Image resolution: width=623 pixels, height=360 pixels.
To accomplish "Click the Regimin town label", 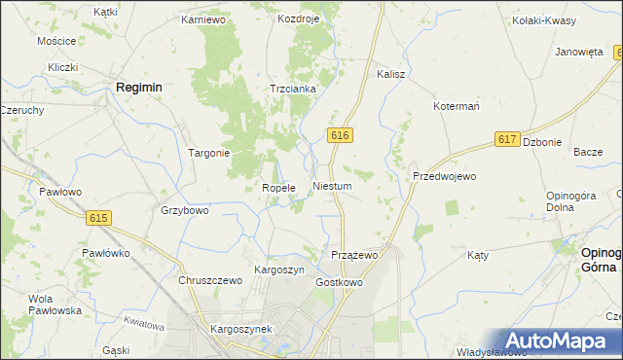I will pos(138,87).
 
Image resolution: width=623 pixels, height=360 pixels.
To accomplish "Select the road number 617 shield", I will pos(506,140).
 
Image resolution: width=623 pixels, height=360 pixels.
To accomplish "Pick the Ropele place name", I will pos(278,188).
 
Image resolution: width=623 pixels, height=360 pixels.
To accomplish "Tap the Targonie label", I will pos(208,153).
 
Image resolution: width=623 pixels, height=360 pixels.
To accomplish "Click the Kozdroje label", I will pos(298,18).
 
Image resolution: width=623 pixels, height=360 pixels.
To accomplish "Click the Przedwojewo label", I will pos(444,176).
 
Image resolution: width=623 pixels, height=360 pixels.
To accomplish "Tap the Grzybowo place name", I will pos(184,210).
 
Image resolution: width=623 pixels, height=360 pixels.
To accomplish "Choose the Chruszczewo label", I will pos(209,280).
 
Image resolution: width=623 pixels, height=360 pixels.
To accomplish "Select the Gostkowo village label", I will pos(339,282).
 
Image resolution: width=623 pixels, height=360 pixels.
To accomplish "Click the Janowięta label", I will pos(579,53).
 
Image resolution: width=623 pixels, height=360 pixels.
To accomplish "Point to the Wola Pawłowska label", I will pos(55,305).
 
